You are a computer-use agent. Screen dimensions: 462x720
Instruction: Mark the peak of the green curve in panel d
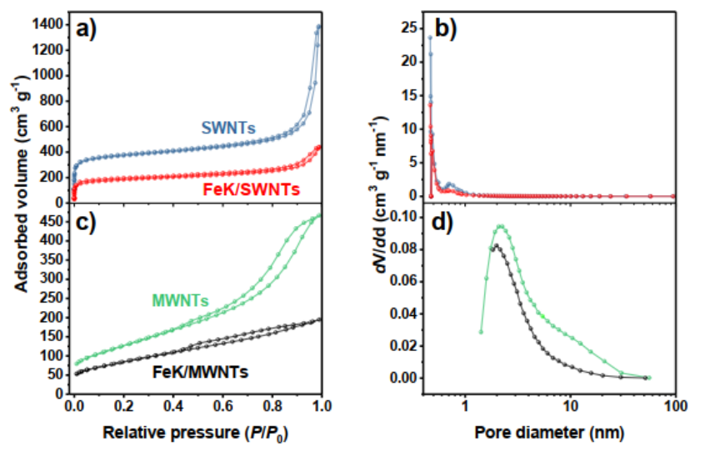(x=500, y=226)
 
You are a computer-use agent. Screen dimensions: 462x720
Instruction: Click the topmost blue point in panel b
(x=430, y=38)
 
